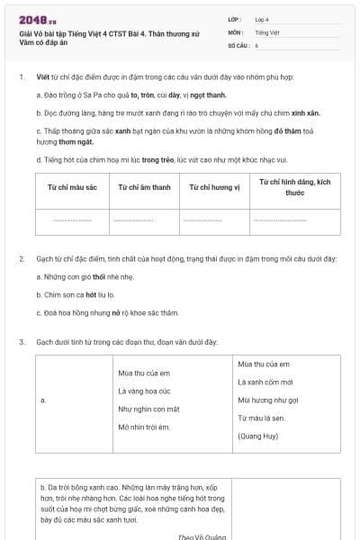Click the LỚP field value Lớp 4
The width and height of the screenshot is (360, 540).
click(x=262, y=18)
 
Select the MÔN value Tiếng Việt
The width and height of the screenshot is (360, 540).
click(x=266, y=31)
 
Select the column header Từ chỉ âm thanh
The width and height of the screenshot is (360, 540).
click(x=143, y=187)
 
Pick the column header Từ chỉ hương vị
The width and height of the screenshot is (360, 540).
click(x=213, y=187)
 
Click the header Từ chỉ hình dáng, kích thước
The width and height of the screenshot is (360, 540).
click(x=294, y=187)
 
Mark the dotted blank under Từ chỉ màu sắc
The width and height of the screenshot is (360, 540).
click(x=71, y=220)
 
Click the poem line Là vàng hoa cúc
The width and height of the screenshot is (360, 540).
click(x=144, y=391)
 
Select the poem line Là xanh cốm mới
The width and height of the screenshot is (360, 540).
click(x=265, y=382)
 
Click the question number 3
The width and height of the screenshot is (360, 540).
click(x=22, y=342)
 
